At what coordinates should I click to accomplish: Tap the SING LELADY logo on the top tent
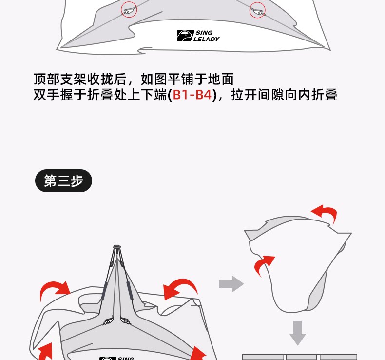tap(198, 36)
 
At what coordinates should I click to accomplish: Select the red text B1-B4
tap(193, 95)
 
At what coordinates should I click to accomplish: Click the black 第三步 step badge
tap(63, 181)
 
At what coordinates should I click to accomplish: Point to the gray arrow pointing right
tap(231, 283)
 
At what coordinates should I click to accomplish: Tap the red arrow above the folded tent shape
tap(325, 213)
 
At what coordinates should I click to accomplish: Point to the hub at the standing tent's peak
tap(116, 248)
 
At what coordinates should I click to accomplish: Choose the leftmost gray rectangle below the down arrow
tap(263, 357)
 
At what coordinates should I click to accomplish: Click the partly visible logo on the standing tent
tap(117, 358)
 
